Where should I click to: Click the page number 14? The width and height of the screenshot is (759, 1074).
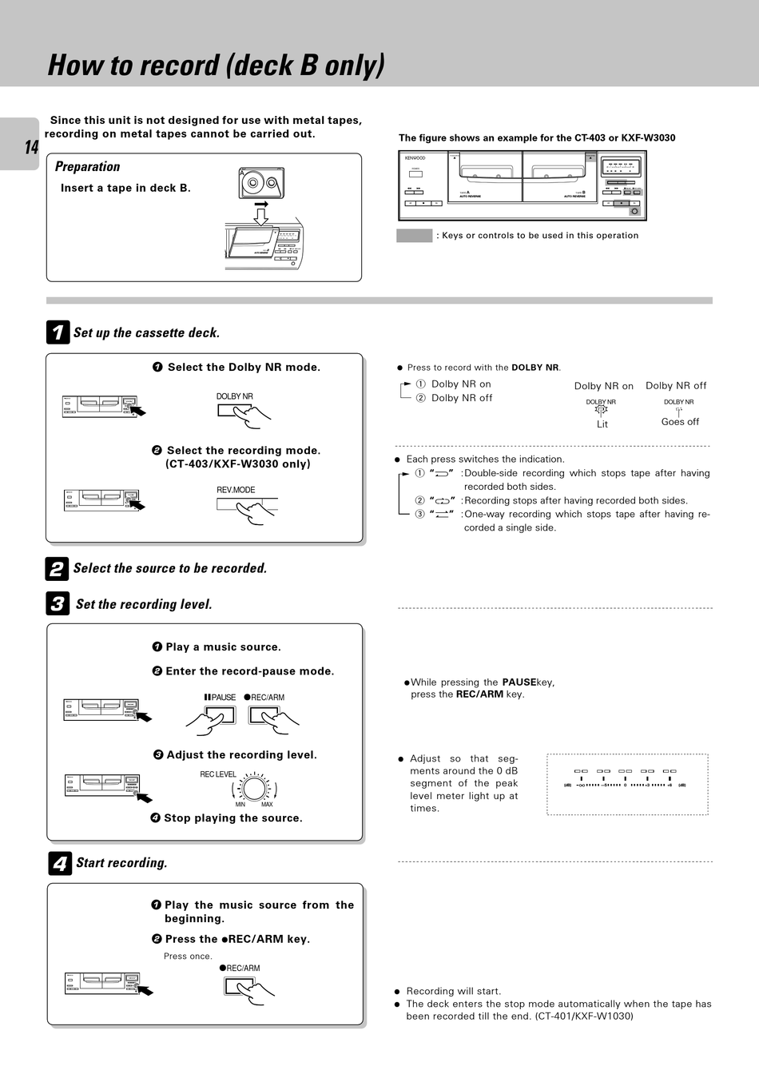(x=30, y=147)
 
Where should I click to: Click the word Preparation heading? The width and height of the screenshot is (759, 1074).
(x=87, y=166)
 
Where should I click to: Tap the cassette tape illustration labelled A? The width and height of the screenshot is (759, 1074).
(x=261, y=184)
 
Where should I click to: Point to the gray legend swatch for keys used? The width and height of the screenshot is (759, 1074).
(x=414, y=235)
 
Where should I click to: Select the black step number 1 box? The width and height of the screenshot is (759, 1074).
(x=58, y=332)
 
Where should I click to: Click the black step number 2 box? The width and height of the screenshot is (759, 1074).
(x=57, y=569)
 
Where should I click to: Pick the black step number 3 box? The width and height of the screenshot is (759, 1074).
(x=58, y=604)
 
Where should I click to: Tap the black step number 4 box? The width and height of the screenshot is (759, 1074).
(x=59, y=863)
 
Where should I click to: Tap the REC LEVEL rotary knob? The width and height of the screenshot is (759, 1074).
(x=255, y=789)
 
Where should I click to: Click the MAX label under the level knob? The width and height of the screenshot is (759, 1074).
(x=267, y=805)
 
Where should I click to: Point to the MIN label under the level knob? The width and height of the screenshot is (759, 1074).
(x=240, y=805)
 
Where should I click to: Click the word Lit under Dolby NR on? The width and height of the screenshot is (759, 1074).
(x=602, y=424)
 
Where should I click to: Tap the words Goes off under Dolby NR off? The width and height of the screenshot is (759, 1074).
(x=680, y=422)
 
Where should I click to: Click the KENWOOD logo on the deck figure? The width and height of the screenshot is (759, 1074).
(x=415, y=158)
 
